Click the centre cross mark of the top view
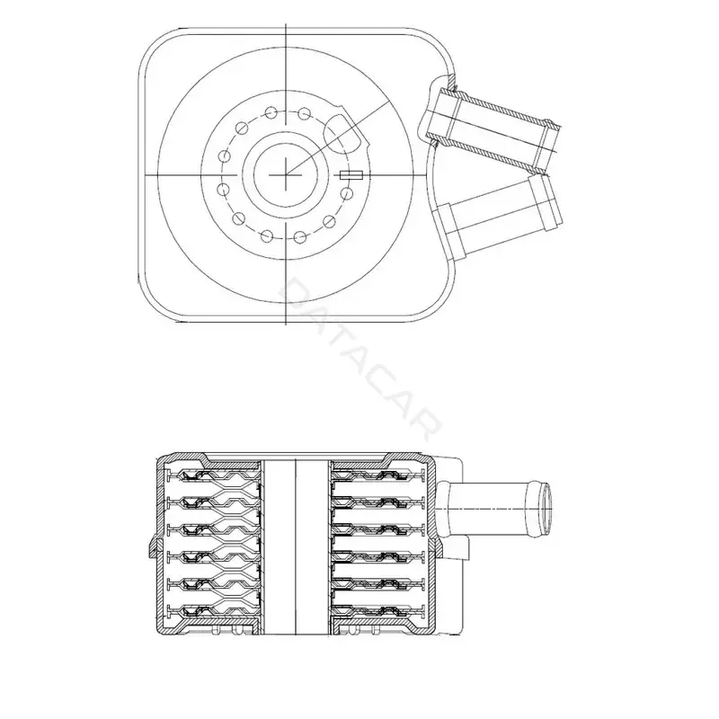(x=286, y=174)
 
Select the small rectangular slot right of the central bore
(x=351, y=174)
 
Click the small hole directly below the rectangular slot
(x=347, y=193)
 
